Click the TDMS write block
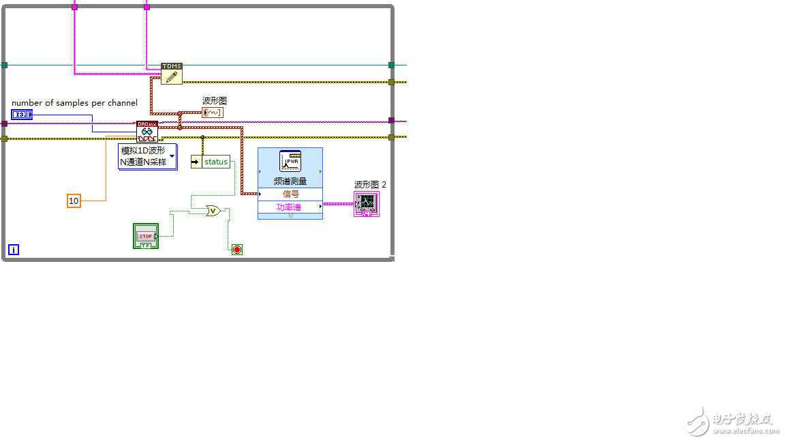172,74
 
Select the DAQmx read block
147,132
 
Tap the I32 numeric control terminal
22,115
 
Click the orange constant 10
74,201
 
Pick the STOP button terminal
146,236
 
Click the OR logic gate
213,211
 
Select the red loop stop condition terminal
237,250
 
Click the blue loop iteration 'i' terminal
14,250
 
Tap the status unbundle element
211,162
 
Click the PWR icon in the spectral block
290,162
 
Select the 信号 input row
290,194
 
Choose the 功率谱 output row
290,207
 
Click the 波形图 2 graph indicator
367,204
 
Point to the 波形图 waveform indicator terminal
213,113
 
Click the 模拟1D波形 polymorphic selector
148,156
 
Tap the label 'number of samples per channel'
74,103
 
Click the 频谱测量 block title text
290,181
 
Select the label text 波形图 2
371,184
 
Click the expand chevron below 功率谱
290,216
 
